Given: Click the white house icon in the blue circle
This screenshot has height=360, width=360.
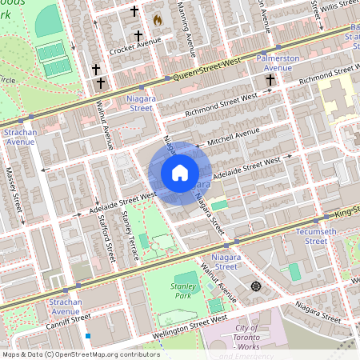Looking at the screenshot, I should coord(180,173).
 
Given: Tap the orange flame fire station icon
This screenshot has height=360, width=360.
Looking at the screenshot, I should coord(158,18).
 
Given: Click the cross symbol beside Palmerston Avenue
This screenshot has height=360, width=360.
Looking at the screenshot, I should coord(270,79).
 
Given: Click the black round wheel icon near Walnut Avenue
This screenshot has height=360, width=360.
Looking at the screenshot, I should coord(256,286).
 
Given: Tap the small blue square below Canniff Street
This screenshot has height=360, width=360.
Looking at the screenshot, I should coord(88,337).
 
